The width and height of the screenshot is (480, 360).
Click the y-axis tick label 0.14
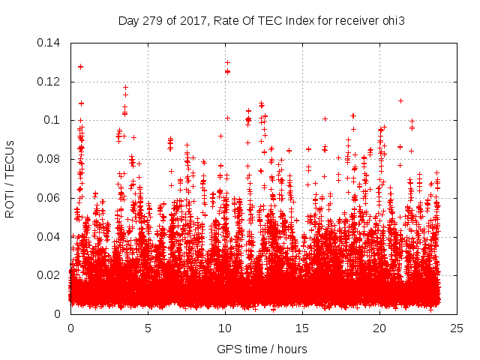[x=49, y=43]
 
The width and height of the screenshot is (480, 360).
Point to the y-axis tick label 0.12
[x=49, y=82]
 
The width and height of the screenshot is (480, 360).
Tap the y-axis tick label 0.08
[x=49, y=159]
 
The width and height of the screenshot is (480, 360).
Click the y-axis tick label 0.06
[x=49, y=198]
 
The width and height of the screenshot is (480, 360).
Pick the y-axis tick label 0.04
[x=49, y=236]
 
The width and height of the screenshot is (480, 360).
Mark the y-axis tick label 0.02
[x=49, y=275]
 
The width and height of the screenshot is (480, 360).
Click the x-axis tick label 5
[x=148, y=328]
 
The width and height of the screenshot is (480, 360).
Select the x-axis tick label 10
[x=225, y=328]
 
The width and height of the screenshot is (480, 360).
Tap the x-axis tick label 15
[x=302, y=328]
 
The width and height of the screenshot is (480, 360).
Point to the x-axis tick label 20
[x=379, y=328]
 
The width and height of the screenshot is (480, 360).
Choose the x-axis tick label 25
[x=457, y=328]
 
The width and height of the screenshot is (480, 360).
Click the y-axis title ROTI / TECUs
[x=10, y=178]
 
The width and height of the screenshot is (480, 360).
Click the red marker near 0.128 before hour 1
[x=80, y=67]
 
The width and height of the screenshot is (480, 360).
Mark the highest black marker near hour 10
[x=227, y=62]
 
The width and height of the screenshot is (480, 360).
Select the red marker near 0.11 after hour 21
[x=401, y=100]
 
